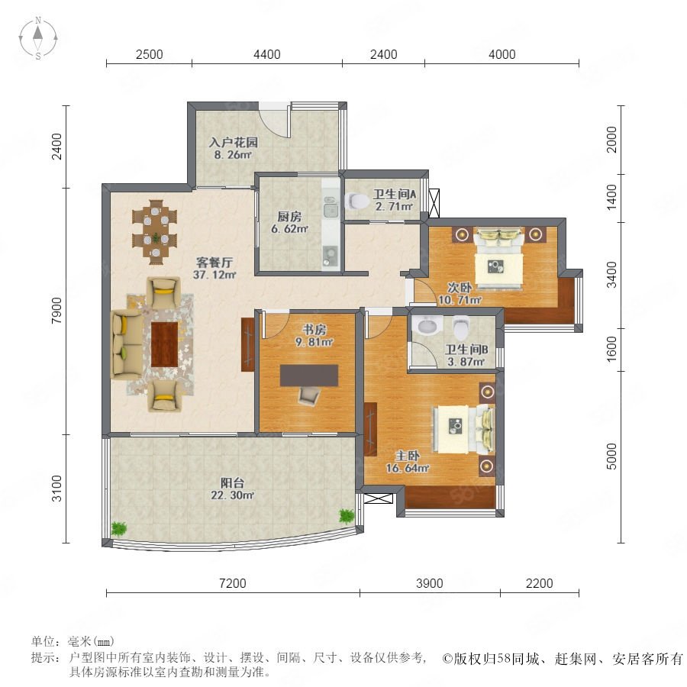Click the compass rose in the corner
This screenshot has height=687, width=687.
click(x=38, y=38)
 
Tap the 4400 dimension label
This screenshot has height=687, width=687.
click(x=267, y=54)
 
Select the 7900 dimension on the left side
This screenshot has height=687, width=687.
click(x=56, y=311)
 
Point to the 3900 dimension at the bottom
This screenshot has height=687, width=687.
click(x=429, y=583)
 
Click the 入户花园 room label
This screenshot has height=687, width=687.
click(x=233, y=143)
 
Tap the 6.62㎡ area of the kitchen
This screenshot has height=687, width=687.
click(x=289, y=229)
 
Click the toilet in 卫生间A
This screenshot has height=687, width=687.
click(x=357, y=201)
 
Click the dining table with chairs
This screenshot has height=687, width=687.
click(x=155, y=232)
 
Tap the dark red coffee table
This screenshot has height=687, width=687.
click(x=164, y=344)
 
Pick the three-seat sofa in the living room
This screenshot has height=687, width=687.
click(x=126, y=344)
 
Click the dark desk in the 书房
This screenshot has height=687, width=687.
click(x=309, y=376)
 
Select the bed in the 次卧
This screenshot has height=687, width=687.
click(x=499, y=259)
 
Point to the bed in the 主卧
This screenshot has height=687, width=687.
click(x=463, y=429)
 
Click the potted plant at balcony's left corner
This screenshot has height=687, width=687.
click(x=119, y=528)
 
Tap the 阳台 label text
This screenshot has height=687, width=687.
click(x=232, y=483)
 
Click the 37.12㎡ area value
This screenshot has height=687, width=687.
click(x=214, y=275)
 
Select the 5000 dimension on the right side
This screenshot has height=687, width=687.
click(x=611, y=456)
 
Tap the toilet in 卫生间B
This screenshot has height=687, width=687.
click(x=461, y=327)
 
